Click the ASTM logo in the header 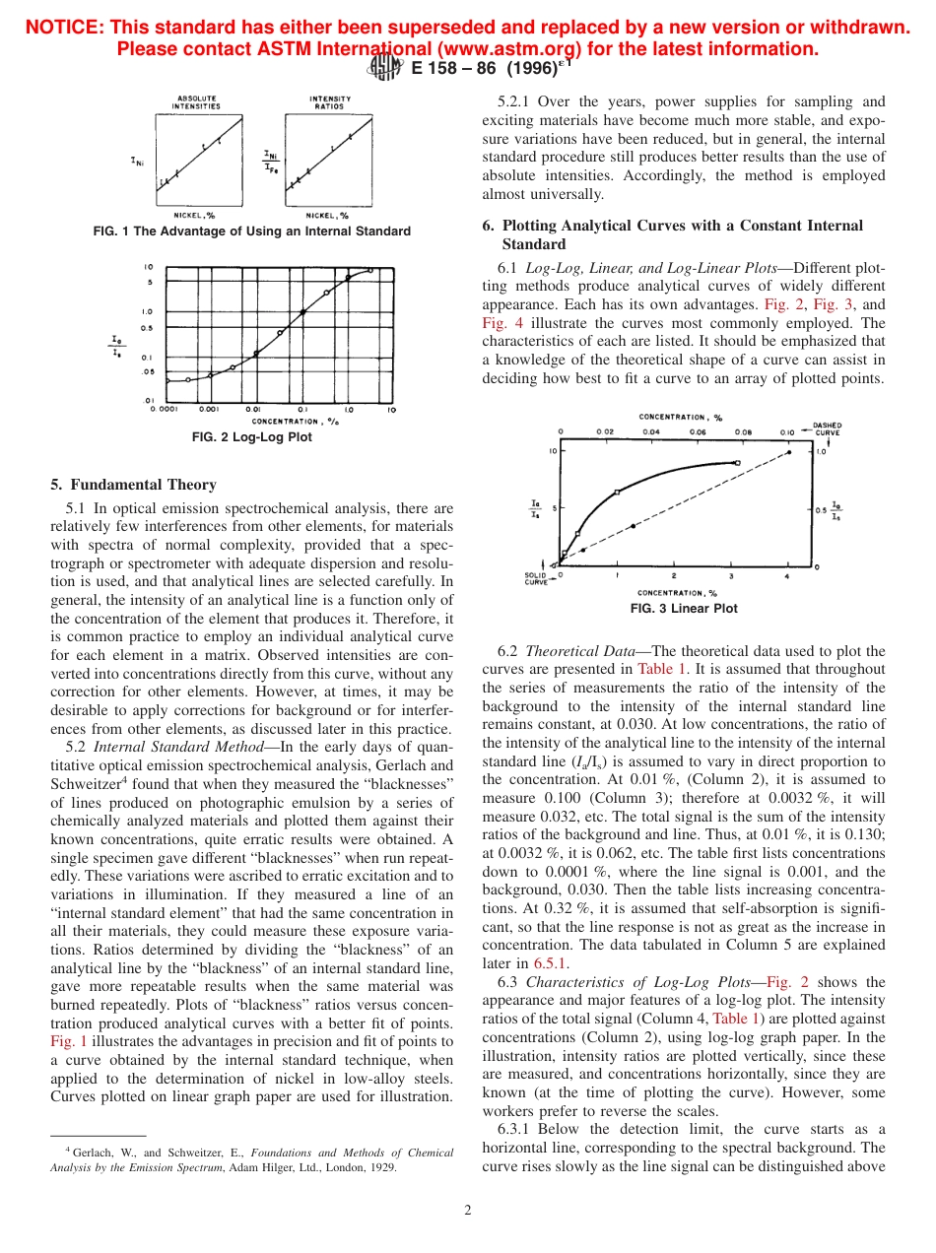(x=384, y=68)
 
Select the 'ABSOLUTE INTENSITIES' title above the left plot (x=197, y=102)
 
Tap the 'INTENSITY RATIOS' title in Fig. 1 (x=329, y=102)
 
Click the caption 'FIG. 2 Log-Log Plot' (x=251, y=437)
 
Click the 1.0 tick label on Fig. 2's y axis (x=146, y=311)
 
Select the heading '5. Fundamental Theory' (x=133, y=485)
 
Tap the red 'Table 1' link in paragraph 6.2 (x=669, y=669)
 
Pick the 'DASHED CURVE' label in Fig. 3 (x=827, y=429)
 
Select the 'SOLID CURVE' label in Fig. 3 (x=535, y=578)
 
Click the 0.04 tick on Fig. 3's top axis (x=651, y=431)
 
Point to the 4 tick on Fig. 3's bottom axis (x=786, y=575)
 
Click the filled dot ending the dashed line (x=788, y=453)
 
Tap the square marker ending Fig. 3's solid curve (x=737, y=462)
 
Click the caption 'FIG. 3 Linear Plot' (x=683, y=609)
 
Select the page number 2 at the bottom (x=468, y=1211)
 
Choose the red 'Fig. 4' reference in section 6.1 (x=499, y=323)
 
